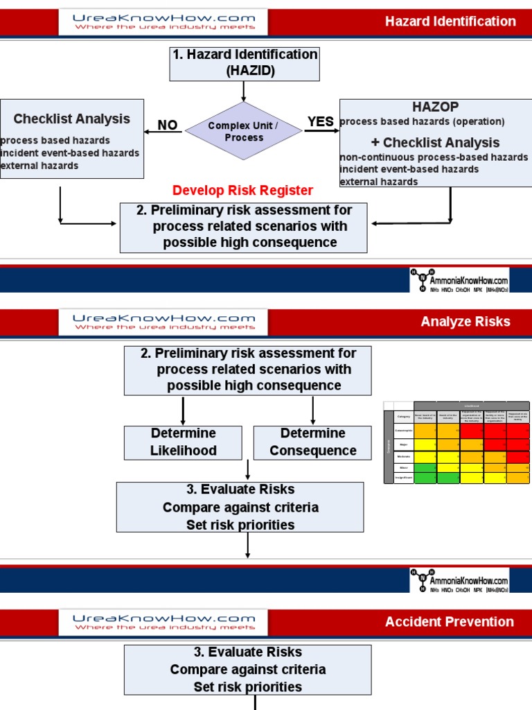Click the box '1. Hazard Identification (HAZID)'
tap(243, 62)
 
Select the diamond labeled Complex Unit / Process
tap(244, 132)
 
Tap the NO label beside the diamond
tap(168, 125)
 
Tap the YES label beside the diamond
tap(321, 122)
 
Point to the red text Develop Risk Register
tap(242, 190)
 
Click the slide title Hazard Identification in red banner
tap(450, 21)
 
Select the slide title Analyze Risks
tap(465, 321)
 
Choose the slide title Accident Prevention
tap(450, 622)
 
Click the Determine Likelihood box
tap(183, 442)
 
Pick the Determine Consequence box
tap(312, 442)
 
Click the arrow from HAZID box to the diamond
tap(243, 92)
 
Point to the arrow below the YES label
tap(321, 131)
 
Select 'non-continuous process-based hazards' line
tap(434, 157)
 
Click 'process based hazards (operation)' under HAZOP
tap(422, 121)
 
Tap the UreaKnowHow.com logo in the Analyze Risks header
tap(163, 322)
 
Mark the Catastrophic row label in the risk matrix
tap(403, 431)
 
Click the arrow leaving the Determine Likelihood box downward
tap(247, 470)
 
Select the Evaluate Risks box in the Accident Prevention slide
tap(247, 670)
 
